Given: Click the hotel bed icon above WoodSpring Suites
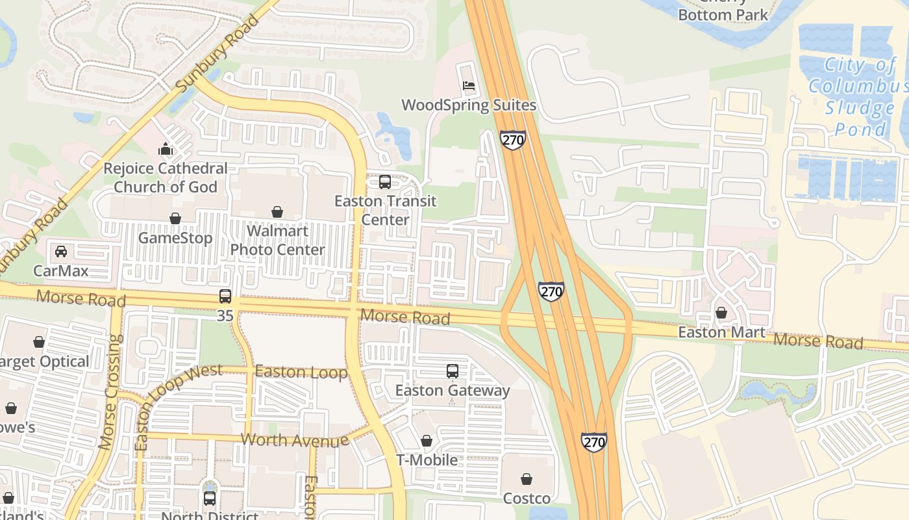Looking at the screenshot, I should tap(469, 86).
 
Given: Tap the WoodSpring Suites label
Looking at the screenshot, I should tap(468, 105).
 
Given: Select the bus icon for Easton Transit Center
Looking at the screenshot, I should tap(385, 182).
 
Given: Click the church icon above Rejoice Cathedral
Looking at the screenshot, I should tap(166, 149).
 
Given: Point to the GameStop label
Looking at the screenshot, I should tap(175, 238).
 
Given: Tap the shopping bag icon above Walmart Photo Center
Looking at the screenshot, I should tap(277, 212).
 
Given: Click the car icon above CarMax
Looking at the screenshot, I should tap(61, 252).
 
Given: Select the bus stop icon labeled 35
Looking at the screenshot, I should tap(225, 296).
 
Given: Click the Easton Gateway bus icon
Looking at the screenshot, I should tap(453, 371).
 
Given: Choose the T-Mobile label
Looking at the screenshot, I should tap(427, 460).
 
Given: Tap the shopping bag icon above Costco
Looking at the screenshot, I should tap(527, 480).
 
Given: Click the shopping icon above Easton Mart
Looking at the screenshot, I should tap(721, 313).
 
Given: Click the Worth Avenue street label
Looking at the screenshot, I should tap(294, 440).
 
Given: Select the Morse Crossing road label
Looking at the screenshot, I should tap(110, 392).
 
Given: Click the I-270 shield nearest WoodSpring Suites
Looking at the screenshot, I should tap(512, 140).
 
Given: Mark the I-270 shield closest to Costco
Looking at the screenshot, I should tap(593, 442).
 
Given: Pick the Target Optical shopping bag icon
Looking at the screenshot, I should tap(39, 342).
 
